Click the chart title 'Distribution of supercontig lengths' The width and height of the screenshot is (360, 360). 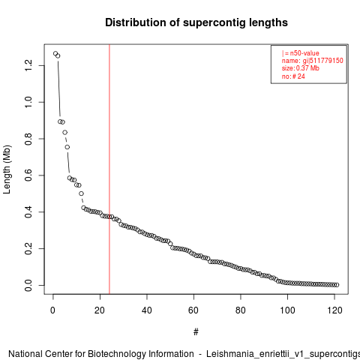[x=196, y=22]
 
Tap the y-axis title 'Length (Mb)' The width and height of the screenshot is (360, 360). [x=7, y=169]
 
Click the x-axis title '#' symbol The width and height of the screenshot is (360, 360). [x=196, y=332]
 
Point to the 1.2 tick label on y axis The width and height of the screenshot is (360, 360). [x=28, y=65]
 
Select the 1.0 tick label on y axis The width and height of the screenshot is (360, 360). [x=28, y=102]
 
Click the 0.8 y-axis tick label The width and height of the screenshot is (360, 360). [x=28, y=139]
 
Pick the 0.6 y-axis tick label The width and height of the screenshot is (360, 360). [x=28, y=175]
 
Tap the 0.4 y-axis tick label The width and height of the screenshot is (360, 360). [x=28, y=212]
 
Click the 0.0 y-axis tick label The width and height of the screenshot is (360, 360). [x=28, y=285]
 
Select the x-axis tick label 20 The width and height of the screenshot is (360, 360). [x=100, y=310]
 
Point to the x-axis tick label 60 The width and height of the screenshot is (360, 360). [x=193, y=310]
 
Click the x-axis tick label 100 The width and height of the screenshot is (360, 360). [x=287, y=310]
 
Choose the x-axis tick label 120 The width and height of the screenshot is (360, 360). [x=334, y=310]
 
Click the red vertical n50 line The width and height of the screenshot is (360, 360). [x=109, y=169]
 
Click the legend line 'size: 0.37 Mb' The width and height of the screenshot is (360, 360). [x=301, y=68]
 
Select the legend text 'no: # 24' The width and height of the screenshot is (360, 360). [x=293, y=76]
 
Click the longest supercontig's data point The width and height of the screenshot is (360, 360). [x=55, y=53]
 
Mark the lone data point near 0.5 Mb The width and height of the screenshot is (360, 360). [x=81, y=193]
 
